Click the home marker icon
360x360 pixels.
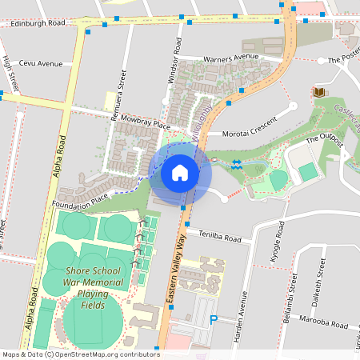(x=180, y=172)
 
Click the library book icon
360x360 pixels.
(x=320, y=94)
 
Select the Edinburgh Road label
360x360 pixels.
(x=38, y=24)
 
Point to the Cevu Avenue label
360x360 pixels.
(x=42, y=64)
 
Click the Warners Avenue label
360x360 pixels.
(x=231, y=58)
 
